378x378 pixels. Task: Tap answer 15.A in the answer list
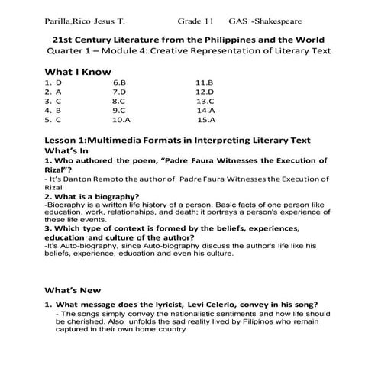tap(206, 120)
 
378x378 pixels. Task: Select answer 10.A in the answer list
tap(121, 120)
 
